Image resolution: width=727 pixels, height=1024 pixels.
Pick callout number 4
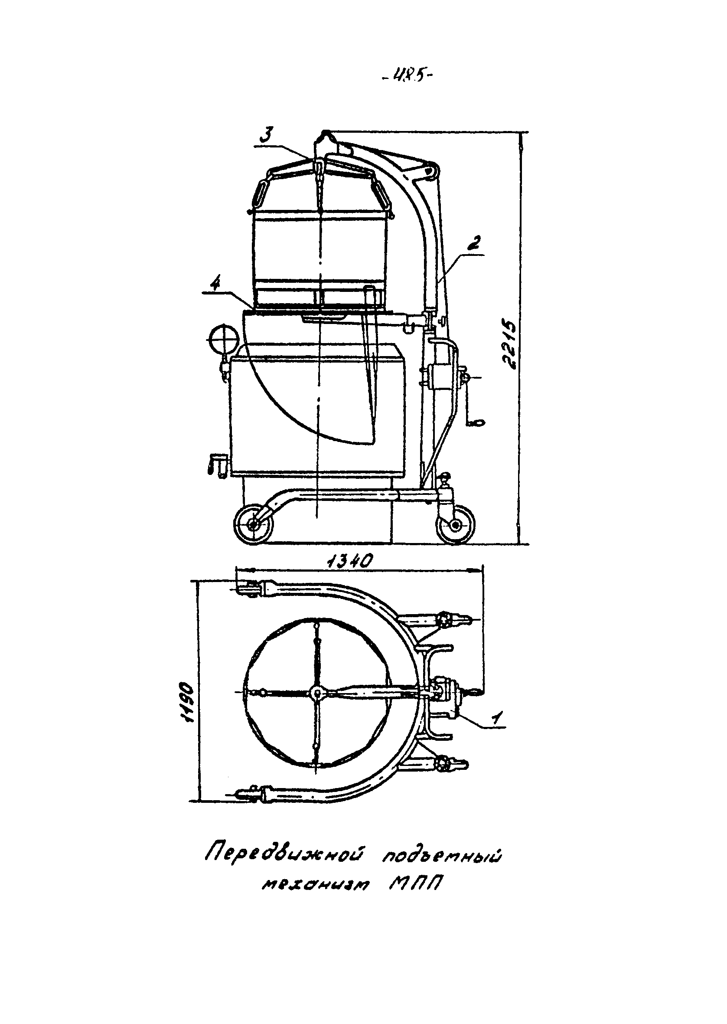point(216,285)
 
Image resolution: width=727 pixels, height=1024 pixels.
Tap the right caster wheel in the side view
point(456,524)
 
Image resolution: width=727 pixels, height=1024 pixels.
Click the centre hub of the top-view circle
point(316,693)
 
